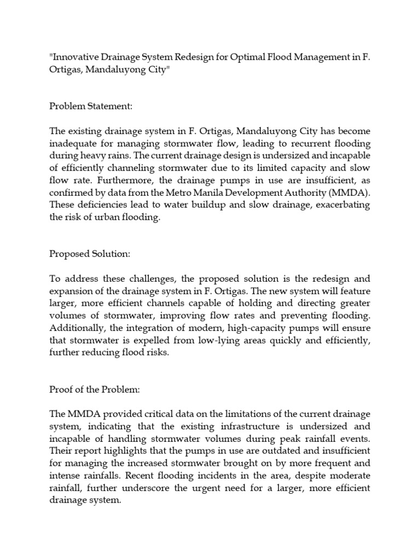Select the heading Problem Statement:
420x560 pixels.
(91, 106)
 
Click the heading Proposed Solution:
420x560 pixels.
(89, 254)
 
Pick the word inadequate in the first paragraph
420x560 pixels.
(74, 144)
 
